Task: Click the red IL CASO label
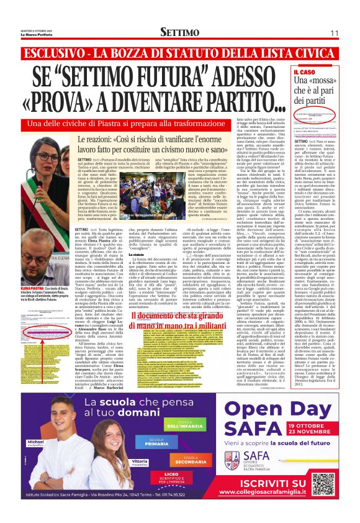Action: tap(322, 73)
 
